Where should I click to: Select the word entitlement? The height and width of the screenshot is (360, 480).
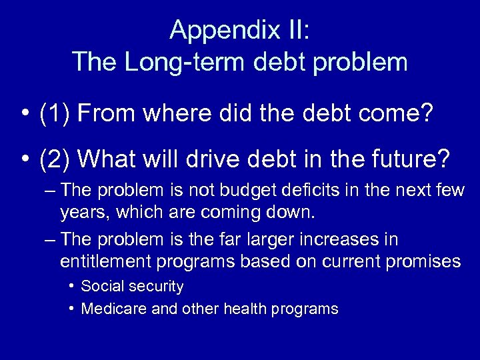tap(105, 261)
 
